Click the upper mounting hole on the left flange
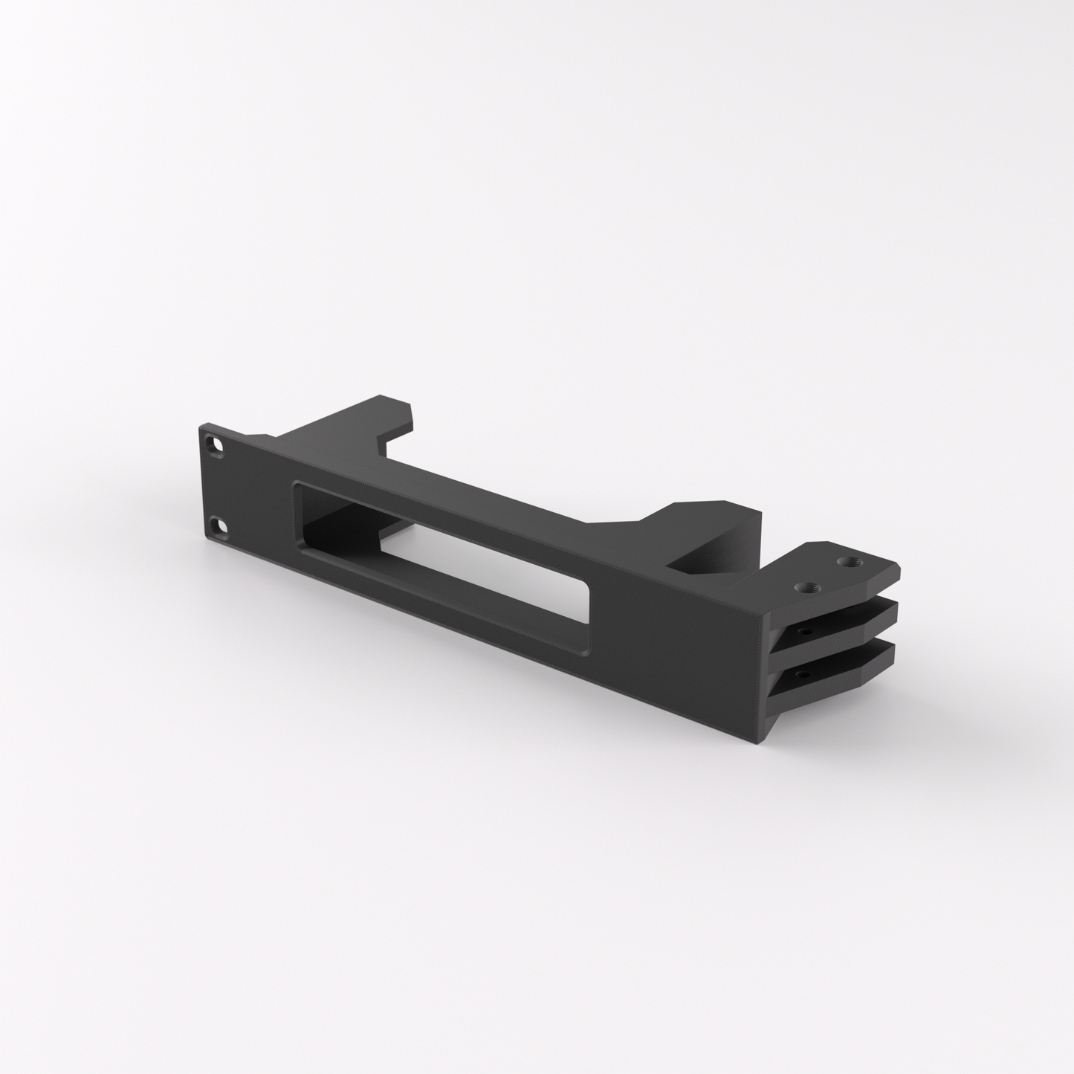point(216,446)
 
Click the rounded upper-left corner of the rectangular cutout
point(299,485)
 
